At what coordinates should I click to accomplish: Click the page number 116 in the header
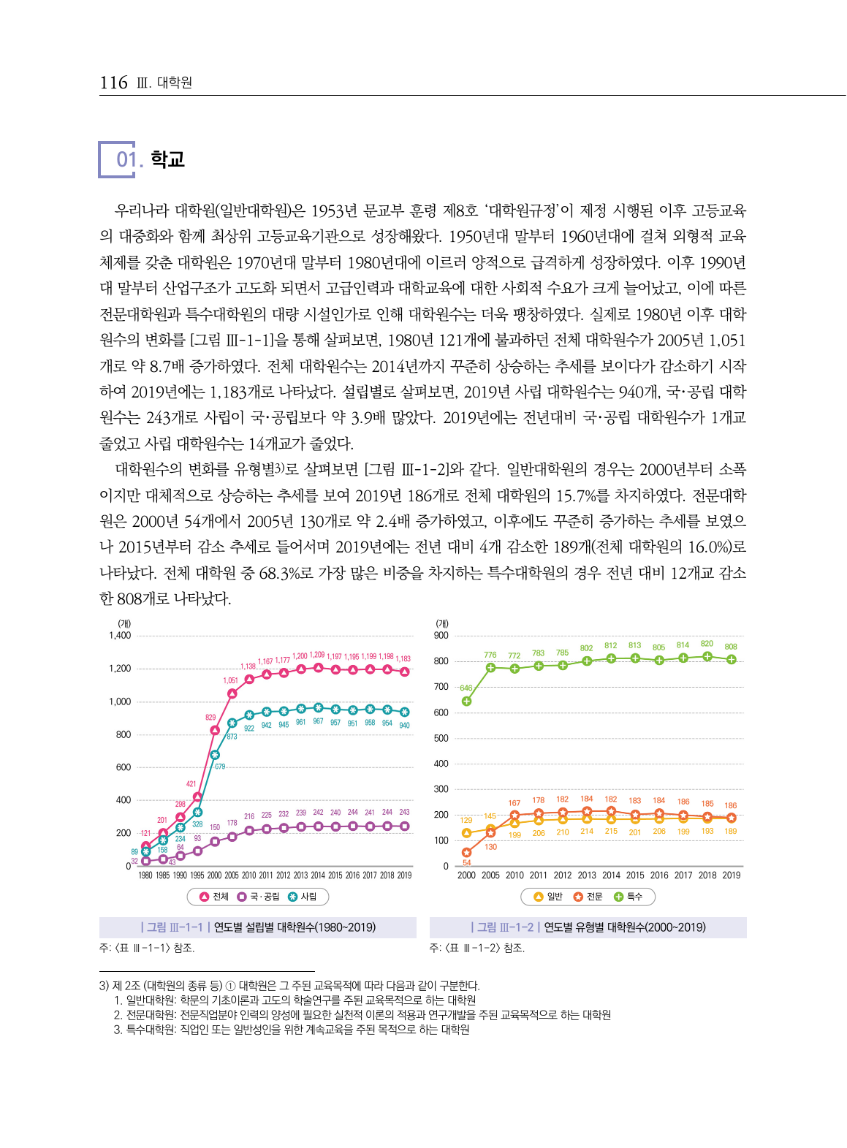click(x=113, y=83)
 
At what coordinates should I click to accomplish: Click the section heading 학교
click(x=167, y=159)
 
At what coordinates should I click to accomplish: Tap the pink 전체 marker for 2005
click(x=232, y=693)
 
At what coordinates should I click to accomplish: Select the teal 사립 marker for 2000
click(x=215, y=755)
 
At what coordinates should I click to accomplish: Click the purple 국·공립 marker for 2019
click(x=404, y=826)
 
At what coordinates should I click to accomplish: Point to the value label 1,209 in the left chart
click(x=317, y=655)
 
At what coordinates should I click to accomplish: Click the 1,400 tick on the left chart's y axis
click(x=120, y=636)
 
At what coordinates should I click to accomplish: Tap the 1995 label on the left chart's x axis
click(x=197, y=875)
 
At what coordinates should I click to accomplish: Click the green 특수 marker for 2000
click(x=466, y=702)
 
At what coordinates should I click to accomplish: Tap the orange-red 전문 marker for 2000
click(x=466, y=853)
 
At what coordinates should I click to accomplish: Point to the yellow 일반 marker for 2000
click(x=466, y=833)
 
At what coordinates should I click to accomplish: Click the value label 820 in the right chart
click(x=707, y=644)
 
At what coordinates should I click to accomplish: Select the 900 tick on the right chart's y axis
click(x=441, y=636)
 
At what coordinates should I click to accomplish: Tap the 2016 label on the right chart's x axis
click(x=659, y=875)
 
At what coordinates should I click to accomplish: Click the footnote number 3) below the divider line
click(x=105, y=986)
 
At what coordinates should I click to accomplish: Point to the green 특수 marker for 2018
click(x=707, y=656)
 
